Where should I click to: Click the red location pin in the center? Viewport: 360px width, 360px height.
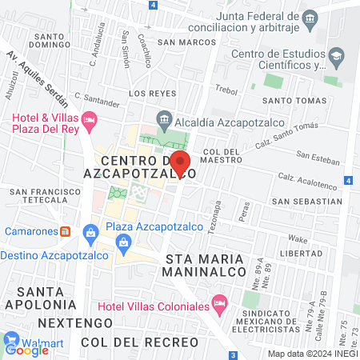click(180, 163)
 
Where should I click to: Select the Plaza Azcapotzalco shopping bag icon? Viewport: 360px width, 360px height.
click(90, 232)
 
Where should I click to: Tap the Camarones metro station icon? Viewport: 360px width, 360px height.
click(66, 231)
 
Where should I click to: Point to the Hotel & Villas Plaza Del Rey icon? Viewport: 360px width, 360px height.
click(89, 122)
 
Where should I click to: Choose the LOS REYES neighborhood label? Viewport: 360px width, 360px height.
click(146, 94)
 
